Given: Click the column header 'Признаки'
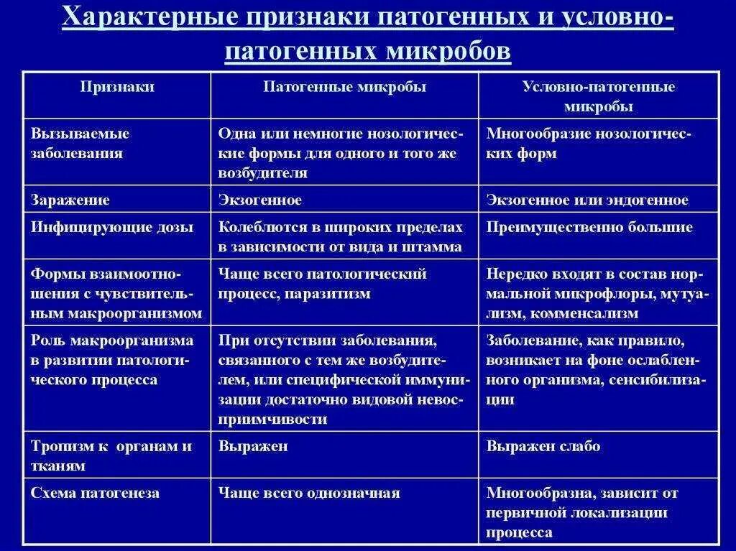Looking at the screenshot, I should click(x=117, y=87).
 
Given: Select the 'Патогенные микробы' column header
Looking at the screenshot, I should click(x=344, y=87).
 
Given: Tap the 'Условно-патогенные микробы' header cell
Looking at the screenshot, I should click(x=598, y=96).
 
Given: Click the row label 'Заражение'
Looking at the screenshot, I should click(x=70, y=200).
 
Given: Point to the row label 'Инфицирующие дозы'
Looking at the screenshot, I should click(x=112, y=227).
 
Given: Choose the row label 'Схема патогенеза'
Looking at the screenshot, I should click(x=95, y=493).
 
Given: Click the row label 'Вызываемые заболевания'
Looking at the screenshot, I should click(x=80, y=143).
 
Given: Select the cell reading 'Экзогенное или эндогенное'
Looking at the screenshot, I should click(x=587, y=200).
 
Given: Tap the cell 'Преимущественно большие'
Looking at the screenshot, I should click(x=589, y=227).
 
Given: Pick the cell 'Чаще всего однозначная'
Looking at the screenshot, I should click(x=309, y=493).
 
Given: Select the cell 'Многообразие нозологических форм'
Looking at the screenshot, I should click(x=588, y=143).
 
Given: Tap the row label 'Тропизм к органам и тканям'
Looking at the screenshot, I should click(x=111, y=455).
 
